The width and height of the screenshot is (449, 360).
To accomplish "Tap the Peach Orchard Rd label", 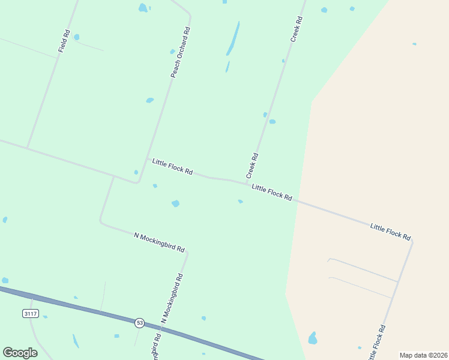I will tap(180, 52).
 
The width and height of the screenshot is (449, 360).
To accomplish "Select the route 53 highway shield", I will tap(139, 322).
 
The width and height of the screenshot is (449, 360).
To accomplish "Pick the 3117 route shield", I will tap(30, 313).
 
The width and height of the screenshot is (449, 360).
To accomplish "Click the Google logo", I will tap(20, 353).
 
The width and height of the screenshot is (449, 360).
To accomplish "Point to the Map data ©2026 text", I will tap(423, 355).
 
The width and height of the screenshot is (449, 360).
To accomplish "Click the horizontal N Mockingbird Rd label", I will tap(159, 242).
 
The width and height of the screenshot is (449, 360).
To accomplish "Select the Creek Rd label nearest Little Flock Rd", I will tap(252, 166).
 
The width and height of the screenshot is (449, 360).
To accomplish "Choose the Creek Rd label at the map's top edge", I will tap(297, 29).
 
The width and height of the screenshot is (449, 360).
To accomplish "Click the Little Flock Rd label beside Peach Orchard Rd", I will tap(172, 167).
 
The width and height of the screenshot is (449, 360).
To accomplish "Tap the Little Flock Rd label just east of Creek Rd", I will tap(272, 193).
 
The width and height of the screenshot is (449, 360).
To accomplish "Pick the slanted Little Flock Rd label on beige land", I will tap(390, 231).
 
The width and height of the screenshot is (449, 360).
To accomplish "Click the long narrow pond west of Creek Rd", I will tap(233, 39).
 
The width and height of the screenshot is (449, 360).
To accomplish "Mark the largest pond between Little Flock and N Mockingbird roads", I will tap(175, 203).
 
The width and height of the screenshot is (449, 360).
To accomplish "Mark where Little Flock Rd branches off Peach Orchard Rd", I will tap(148, 158).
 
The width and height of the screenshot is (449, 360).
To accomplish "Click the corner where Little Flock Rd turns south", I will tap(412, 241).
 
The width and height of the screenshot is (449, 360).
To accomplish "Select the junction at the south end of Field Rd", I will tap(27, 148).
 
